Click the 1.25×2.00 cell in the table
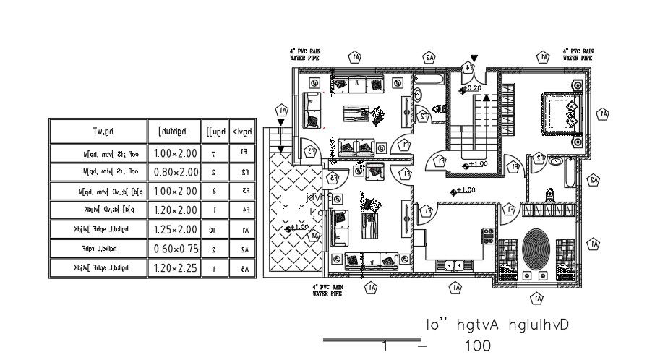point(176,229)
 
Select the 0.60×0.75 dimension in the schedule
point(176,249)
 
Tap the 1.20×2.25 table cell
point(176,268)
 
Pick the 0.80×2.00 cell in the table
point(176,172)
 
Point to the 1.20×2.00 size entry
point(176,210)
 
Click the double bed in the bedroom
point(558,112)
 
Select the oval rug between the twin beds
point(536,249)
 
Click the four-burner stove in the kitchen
point(489,236)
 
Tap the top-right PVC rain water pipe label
point(578,54)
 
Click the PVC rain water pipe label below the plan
point(328,290)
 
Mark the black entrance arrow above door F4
point(474,57)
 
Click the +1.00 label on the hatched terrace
point(298,228)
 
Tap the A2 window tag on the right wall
point(594,179)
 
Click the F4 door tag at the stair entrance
point(468,68)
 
